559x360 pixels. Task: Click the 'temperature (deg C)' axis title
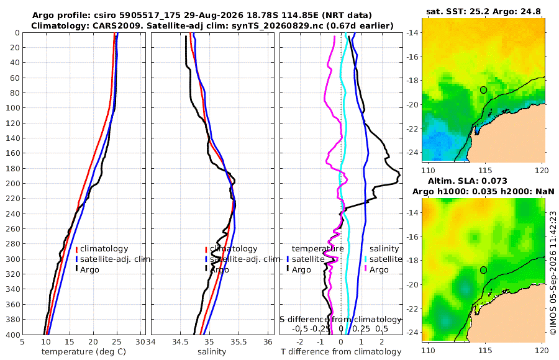pos(84,352)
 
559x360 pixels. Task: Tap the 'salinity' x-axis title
pos(212,352)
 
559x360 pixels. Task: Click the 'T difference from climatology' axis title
pos(341,352)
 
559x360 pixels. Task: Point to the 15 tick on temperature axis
pos(70,342)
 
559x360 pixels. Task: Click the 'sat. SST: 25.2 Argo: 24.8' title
pos(483,12)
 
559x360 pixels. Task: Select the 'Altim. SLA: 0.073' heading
pos(467,181)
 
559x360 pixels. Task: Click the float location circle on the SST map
pos(483,90)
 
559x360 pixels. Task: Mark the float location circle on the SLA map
pos(483,270)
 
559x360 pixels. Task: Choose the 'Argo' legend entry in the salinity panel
pos(217,269)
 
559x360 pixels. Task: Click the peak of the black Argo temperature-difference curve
pos(399,174)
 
